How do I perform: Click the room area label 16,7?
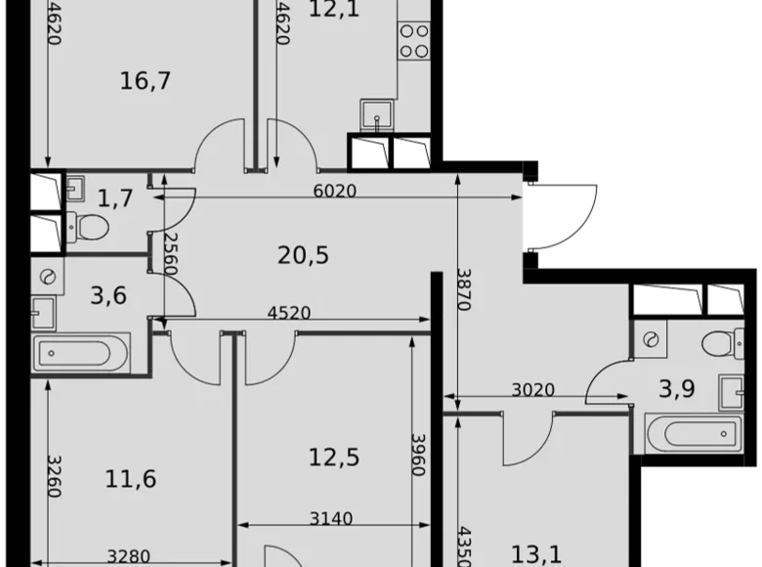tap(146, 80)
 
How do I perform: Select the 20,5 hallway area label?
tap(303, 256)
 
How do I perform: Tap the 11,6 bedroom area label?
tap(132, 479)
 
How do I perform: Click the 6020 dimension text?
tap(334, 192)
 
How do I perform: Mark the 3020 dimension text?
tap(532, 390)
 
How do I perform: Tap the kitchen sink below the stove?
tap(373, 114)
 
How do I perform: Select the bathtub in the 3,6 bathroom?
tap(82, 352)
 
